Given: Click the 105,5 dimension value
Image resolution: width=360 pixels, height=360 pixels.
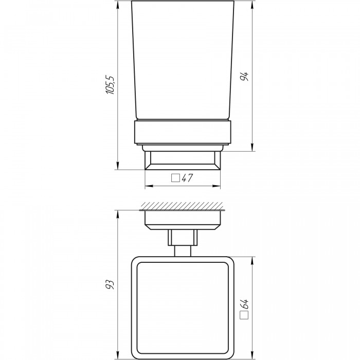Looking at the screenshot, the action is coord(110,84).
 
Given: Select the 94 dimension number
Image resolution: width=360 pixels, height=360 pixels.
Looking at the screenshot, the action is coord(244,77).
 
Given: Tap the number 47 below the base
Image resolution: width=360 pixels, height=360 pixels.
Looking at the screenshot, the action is coord(187,178).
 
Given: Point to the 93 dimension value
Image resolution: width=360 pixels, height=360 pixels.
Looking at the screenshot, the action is coord(110,284).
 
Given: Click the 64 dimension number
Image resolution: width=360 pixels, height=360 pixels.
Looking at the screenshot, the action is coord(244,304).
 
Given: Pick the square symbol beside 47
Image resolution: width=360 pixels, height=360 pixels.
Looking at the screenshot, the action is coord(176,178).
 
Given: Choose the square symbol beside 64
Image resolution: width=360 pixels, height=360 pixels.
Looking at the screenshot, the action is coord(244,315).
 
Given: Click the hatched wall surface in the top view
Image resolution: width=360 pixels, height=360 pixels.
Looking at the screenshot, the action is coord(182,206).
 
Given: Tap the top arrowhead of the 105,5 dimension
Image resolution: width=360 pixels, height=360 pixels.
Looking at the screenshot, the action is coord(118,5).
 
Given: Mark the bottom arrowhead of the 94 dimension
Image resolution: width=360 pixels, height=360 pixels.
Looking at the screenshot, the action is coord(253,148).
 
